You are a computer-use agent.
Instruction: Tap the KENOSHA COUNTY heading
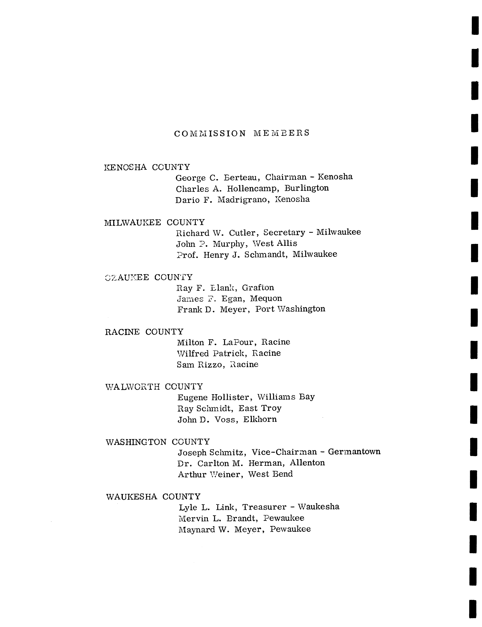pyautogui.click(x=147, y=167)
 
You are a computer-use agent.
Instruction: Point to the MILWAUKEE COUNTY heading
pyautogui.click(x=154, y=222)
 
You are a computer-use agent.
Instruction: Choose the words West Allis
pyautogui.click(x=275, y=243)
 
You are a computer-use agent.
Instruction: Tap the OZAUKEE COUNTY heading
pyautogui.click(x=149, y=277)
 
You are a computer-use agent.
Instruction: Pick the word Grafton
pyautogui.click(x=258, y=288)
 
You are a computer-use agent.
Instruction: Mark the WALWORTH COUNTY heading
pyautogui.click(x=154, y=387)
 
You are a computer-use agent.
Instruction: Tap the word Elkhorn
pyautogui.click(x=260, y=419)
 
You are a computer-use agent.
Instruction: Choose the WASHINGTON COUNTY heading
pyautogui.click(x=158, y=442)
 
